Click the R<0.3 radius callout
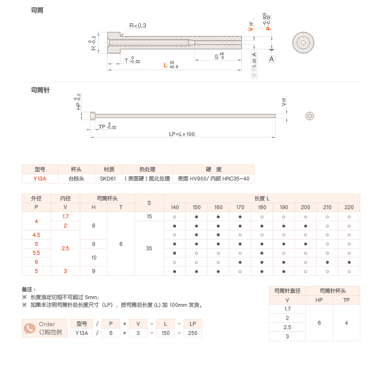tap(138, 26)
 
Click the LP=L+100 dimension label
tap(182, 134)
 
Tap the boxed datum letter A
tap(271, 59)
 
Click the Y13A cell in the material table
tap(40, 179)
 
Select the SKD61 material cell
tap(108, 179)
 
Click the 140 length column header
tap(175, 207)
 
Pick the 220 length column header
tap(349, 207)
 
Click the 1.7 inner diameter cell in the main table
tap(65, 216)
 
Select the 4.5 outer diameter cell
tap(36, 235)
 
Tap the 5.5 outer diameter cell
tap(36, 253)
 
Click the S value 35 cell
tap(149, 248)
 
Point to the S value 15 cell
tap(149, 216)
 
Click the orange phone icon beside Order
tap(29, 328)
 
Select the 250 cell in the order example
tap(192, 333)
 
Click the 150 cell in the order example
tap(165, 333)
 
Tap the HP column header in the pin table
tap(319, 300)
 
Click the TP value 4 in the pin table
tap(346, 323)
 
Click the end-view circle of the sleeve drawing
tap(303, 43)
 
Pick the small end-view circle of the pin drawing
tap(310, 116)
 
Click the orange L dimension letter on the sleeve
tap(165, 64)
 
